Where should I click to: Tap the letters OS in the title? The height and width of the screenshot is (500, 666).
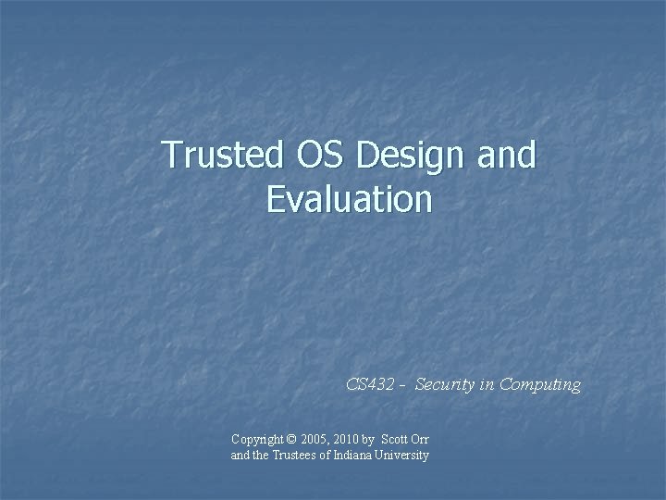pyautogui.click(x=315, y=156)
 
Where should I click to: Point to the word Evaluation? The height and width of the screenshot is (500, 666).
pyautogui.click(x=349, y=199)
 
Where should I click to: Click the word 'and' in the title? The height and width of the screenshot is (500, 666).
pyautogui.click(x=508, y=156)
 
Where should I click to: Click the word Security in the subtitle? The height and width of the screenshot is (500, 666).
pyautogui.click(x=444, y=384)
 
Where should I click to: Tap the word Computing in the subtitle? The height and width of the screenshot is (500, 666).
pyautogui.click(x=540, y=384)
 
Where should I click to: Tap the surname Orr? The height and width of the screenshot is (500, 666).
pyautogui.click(x=422, y=439)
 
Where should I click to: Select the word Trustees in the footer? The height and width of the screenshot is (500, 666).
pyautogui.click(x=290, y=456)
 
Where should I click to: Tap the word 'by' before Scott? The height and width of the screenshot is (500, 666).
pyautogui.click(x=372, y=439)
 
